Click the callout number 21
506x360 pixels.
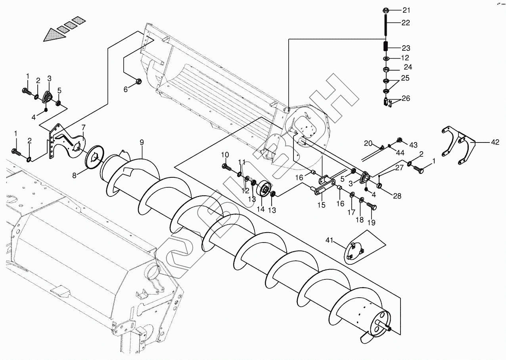click(x=407, y=10)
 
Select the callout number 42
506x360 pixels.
click(x=495, y=142)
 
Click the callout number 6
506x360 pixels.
click(x=126, y=90)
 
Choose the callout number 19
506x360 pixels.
click(x=371, y=222)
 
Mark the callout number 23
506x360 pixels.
click(x=406, y=48)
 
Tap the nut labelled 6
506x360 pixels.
click(x=138, y=82)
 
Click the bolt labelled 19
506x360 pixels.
click(x=372, y=206)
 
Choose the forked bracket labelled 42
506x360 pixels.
click(x=458, y=145)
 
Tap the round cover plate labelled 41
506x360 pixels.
click(x=354, y=250)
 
